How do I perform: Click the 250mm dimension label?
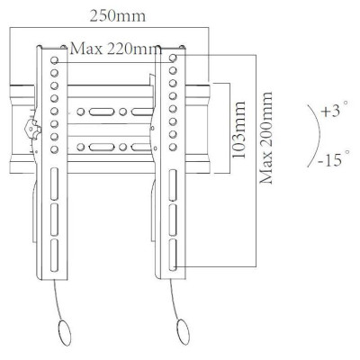point(118,16)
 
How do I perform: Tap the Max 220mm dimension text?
point(115,49)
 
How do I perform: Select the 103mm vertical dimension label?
point(239,130)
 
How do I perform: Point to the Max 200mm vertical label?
point(266,138)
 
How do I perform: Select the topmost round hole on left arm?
point(54,60)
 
